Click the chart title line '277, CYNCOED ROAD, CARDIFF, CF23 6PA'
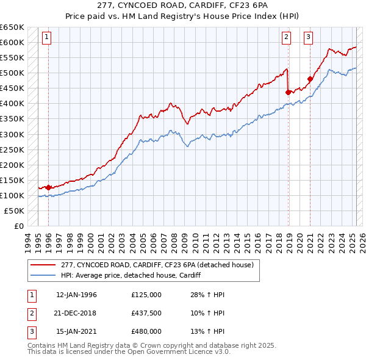coord(182,5)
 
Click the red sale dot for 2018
coord(288,92)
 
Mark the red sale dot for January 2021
coord(310,79)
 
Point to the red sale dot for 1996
coord(48,187)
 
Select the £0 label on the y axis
coord(18,226)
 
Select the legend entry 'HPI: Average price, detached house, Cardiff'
coord(131,275)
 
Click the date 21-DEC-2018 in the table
coord(76,313)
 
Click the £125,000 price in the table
coord(146,295)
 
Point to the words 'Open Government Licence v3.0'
coord(181,351)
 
